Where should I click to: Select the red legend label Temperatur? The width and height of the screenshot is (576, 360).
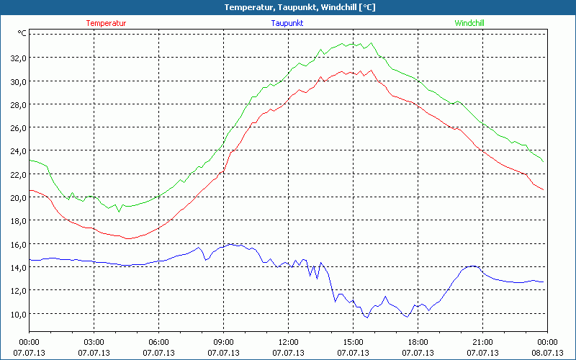pyautogui.click(x=106, y=23)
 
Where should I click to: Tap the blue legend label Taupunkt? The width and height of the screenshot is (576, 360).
pyautogui.click(x=287, y=23)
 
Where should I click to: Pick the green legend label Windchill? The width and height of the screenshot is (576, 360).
pyautogui.click(x=469, y=23)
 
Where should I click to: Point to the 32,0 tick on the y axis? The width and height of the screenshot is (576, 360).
pyautogui.click(x=18, y=58)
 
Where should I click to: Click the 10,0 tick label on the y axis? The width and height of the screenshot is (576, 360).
pyautogui.click(x=18, y=314)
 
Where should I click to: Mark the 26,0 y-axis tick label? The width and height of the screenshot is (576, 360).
pyautogui.click(x=18, y=128)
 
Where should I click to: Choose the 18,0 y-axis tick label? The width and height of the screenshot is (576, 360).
pyautogui.click(x=18, y=221)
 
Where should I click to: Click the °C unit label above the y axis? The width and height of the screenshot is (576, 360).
pyautogui.click(x=22, y=33)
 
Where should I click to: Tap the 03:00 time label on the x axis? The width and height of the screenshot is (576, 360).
pyautogui.click(x=94, y=342)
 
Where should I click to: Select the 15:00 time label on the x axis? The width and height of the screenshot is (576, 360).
pyautogui.click(x=353, y=342)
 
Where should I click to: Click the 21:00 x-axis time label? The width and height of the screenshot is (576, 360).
pyautogui.click(x=482, y=342)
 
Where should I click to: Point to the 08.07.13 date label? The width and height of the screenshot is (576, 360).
pyautogui.click(x=547, y=353)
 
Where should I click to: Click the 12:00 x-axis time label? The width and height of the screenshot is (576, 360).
pyautogui.click(x=288, y=342)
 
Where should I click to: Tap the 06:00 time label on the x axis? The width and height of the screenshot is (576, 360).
pyautogui.click(x=159, y=342)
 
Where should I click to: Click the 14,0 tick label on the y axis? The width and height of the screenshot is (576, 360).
pyautogui.click(x=18, y=267)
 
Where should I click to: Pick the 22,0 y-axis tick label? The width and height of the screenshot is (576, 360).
pyautogui.click(x=18, y=174)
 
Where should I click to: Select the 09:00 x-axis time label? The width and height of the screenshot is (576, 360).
pyautogui.click(x=223, y=342)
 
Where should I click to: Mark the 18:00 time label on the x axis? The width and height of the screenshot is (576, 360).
pyautogui.click(x=418, y=342)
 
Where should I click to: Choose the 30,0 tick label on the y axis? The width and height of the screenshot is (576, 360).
pyautogui.click(x=18, y=81)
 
